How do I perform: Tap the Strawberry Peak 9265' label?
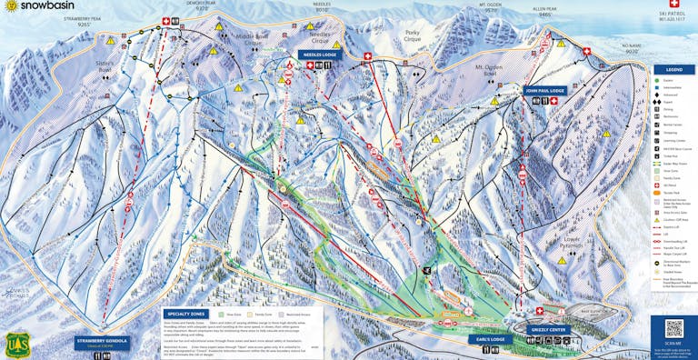click(x=83, y=21)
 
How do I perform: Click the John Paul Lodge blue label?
click(x=544, y=91)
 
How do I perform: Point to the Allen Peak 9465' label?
click(x=545, y=13)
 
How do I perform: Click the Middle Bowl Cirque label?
click(x=251, y=39)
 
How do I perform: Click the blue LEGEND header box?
click(x=674, y=69)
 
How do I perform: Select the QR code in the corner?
click(x=673, y=329)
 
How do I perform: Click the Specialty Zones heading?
click(x=187, y=314)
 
